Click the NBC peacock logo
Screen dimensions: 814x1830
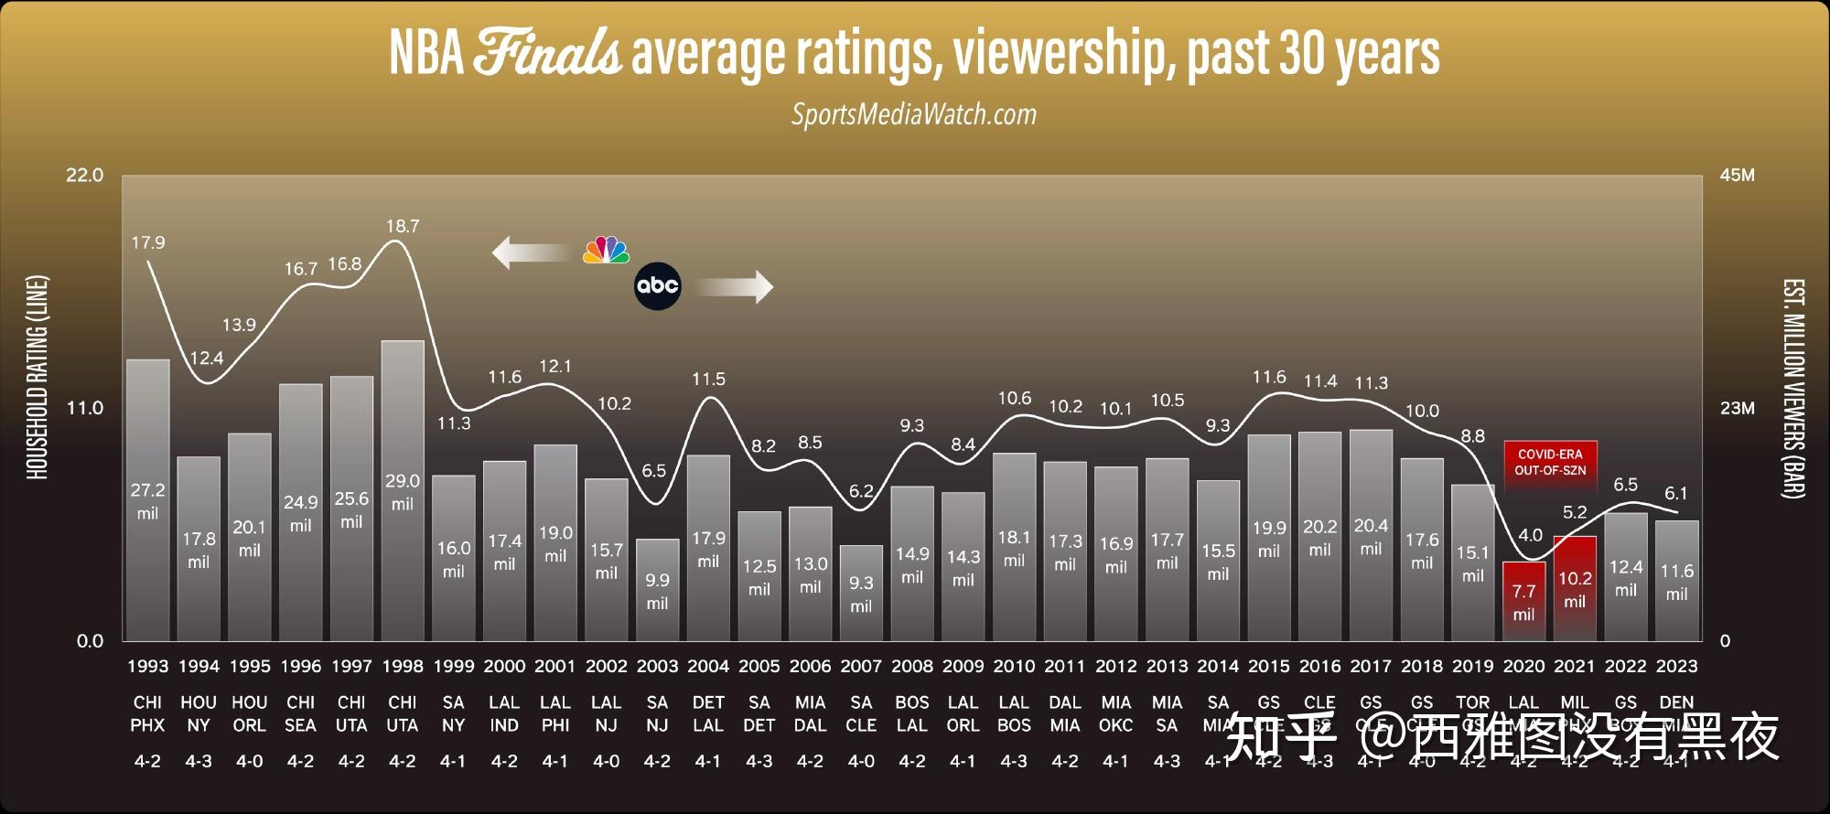[x=607, y=251]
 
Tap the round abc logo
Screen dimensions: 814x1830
[x=658, y=286]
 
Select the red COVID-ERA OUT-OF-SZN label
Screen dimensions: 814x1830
[x=1550, y=462]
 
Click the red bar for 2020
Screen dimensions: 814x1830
[x=1523, y=601]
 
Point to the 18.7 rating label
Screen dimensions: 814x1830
[x=403, y=226]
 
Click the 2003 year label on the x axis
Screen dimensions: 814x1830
[x=657, y=667]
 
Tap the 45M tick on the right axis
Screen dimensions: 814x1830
[x=1738, y=176]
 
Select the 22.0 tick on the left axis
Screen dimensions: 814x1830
[x=85, y=176]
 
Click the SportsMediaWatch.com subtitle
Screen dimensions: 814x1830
[x=914, y=114]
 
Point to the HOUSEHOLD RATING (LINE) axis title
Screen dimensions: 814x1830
[x=37, y=377]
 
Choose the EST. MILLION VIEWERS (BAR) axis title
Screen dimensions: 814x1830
[x=1793, y=389]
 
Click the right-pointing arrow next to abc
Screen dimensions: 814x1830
[x=734, y=287]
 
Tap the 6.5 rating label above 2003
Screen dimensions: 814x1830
[x=653, y=471]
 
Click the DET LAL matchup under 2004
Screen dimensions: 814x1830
[x=708, y=714]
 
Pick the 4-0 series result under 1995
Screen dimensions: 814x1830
[x=250, y=761]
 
